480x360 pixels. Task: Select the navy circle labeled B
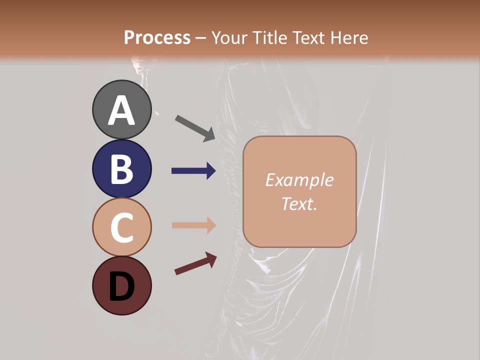(x=122, y=168)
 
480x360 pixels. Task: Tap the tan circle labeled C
(x=122, y=227)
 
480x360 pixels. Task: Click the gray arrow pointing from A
(x=195, y=127)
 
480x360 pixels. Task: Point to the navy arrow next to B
(x=193, y=171)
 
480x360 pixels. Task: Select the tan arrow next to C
(x=193, y=225)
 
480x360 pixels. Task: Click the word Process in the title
(x=157, y=38)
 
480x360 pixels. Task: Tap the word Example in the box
(x=299, y=180)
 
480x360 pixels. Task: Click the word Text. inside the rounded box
(x=299, y=203)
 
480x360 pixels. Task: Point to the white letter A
(x=122, y=111)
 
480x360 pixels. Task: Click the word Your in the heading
(x=229, y=38)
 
